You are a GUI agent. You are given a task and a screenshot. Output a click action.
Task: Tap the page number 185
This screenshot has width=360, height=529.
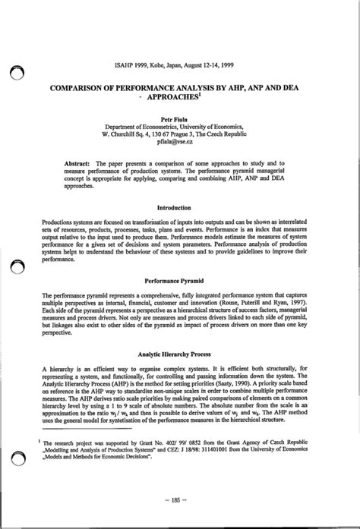pos(180,499)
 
